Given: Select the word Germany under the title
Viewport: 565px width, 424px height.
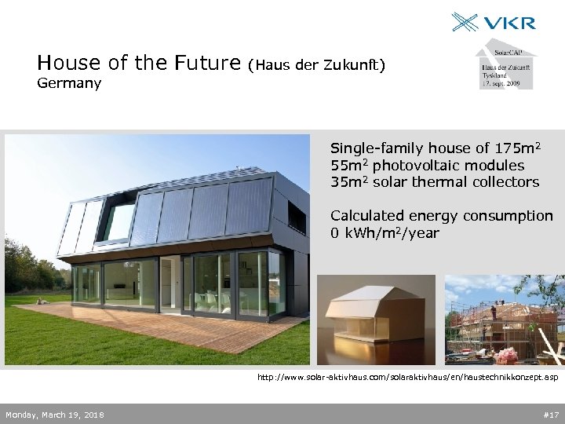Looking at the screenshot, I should pos(69,83).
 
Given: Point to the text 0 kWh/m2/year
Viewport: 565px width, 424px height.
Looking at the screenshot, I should pos(385,233).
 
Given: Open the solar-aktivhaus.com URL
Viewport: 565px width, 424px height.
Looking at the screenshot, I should pos(408,378).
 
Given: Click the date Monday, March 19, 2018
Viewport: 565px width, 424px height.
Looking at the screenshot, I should pos(54,415).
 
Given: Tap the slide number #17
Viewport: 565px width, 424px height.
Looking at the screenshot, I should pos(550,415).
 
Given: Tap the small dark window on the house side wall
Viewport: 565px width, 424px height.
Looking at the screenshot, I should pos(297,217).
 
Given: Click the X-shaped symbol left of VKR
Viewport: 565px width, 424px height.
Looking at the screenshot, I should pos(466,21).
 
